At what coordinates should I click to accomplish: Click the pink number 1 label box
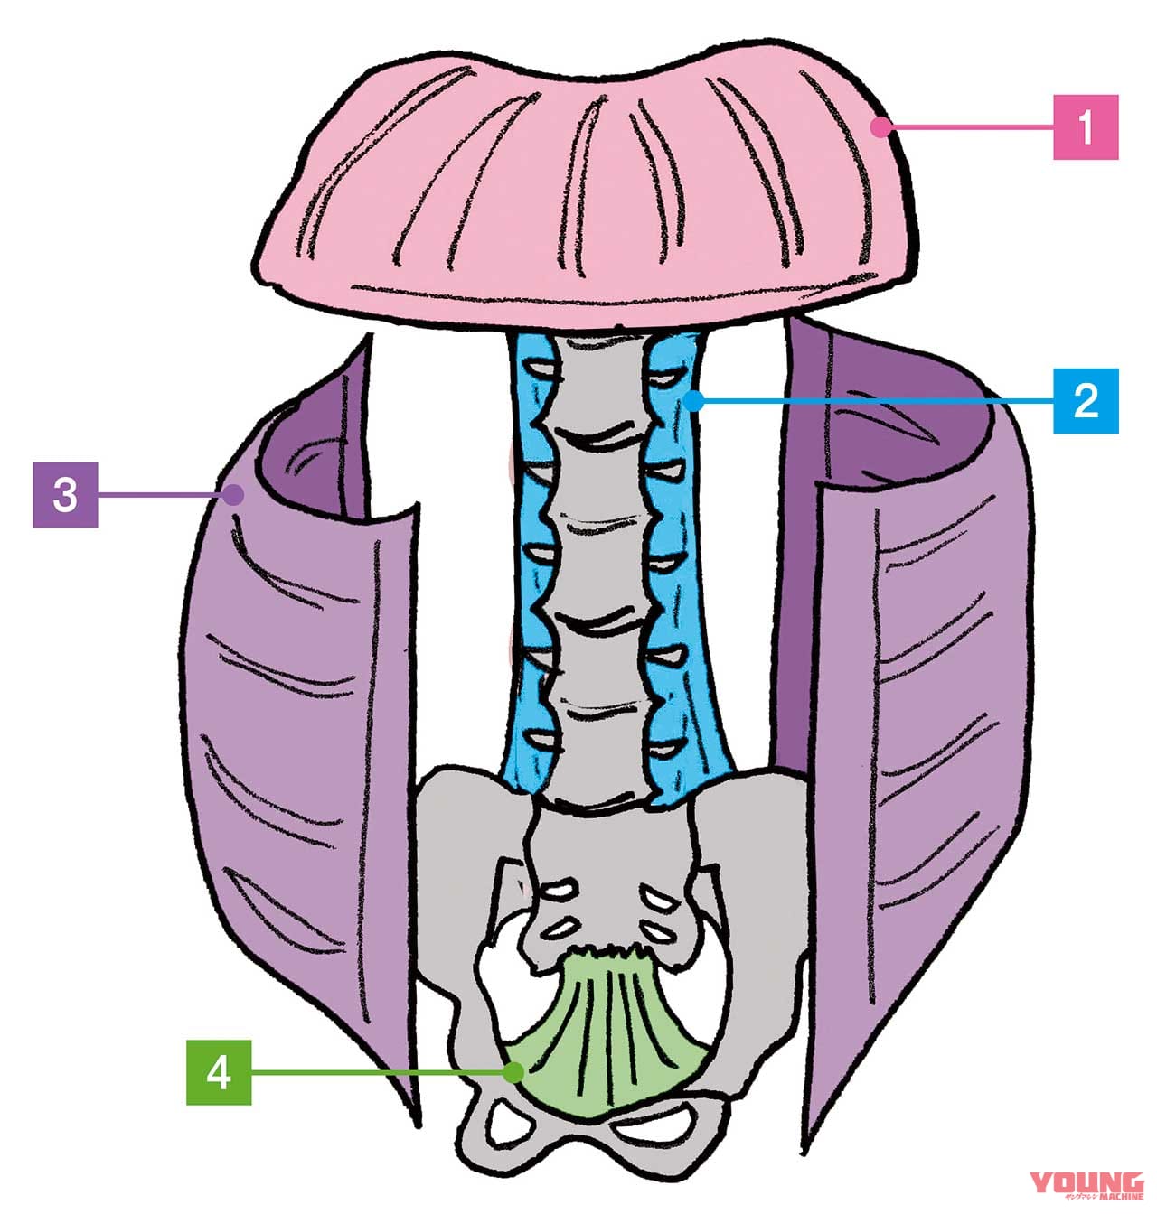pos(1086,127)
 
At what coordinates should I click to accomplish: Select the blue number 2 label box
pos(1086,399)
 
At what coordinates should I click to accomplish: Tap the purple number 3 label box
pos(65,494)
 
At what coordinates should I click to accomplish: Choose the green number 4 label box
pos(219,1072)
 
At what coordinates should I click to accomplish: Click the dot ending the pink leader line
pos(878,127)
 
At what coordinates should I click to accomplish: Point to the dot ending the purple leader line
pos(234,494)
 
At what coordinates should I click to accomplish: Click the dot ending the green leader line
pos(513,1072)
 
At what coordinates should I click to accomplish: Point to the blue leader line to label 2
pos(868,399)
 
